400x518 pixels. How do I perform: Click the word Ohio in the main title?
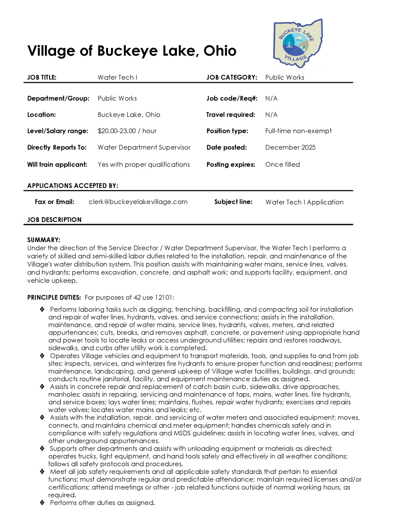pyautogui.click(x=220, y=51)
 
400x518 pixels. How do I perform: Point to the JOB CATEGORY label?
pyautogui.click(x=232, y=78)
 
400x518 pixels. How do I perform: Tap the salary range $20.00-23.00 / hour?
pyautogui.click(x=127, y=131)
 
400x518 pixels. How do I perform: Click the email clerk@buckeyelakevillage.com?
pyautogui.click(x=138, y=202)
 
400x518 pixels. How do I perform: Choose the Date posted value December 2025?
pyautogui.click(x=290, y=147)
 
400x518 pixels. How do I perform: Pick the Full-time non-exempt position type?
pyautogui.click(x=299, y=131)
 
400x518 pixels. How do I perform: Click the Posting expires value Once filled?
pyautogui.click(x=283, y=164)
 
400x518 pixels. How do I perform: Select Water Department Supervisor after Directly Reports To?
pyautogui.click(x=144, y=147)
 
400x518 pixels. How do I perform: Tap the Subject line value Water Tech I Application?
pyautogui.click(x=305, y=202)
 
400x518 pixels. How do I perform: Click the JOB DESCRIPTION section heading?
pyautogui.click(x=54, y=220)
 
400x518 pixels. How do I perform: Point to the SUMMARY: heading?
pyautogui.click(x=44, y=240)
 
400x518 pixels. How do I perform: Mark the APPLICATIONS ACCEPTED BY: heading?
pyautogui.click(x=72, y=186)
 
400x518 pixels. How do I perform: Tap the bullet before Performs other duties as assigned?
pyautogui.click(x=42, y=502)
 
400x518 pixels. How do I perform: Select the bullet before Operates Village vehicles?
pyautogui.click(x=42, y=356)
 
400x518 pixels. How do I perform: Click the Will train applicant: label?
pyautogui.click(x=57, y=164)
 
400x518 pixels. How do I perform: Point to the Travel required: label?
pyautogui.click(x=231, y=115)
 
